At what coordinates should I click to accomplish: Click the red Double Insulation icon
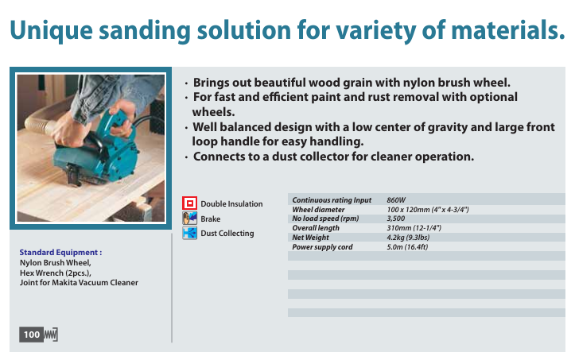point(189,203)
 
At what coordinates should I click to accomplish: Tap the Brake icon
point(189,218)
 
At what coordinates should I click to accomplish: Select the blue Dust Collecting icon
point(189,233)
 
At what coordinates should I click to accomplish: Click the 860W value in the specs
point(396,200)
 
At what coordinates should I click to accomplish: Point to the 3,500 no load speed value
point(396,219)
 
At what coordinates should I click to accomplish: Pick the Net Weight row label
point(311,238)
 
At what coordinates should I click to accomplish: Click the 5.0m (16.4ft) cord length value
point(407,247)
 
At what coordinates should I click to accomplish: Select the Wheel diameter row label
point(318,210)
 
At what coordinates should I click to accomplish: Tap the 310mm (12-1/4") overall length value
point(414,228)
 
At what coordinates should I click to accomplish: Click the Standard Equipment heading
point(60,253)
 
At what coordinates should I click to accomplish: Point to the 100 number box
point(32,335)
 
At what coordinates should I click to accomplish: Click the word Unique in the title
point(52,30)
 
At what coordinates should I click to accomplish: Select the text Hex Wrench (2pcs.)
point(56,273)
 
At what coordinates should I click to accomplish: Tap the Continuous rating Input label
point(332,200)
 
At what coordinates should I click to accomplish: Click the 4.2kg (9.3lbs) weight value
point(408,238)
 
